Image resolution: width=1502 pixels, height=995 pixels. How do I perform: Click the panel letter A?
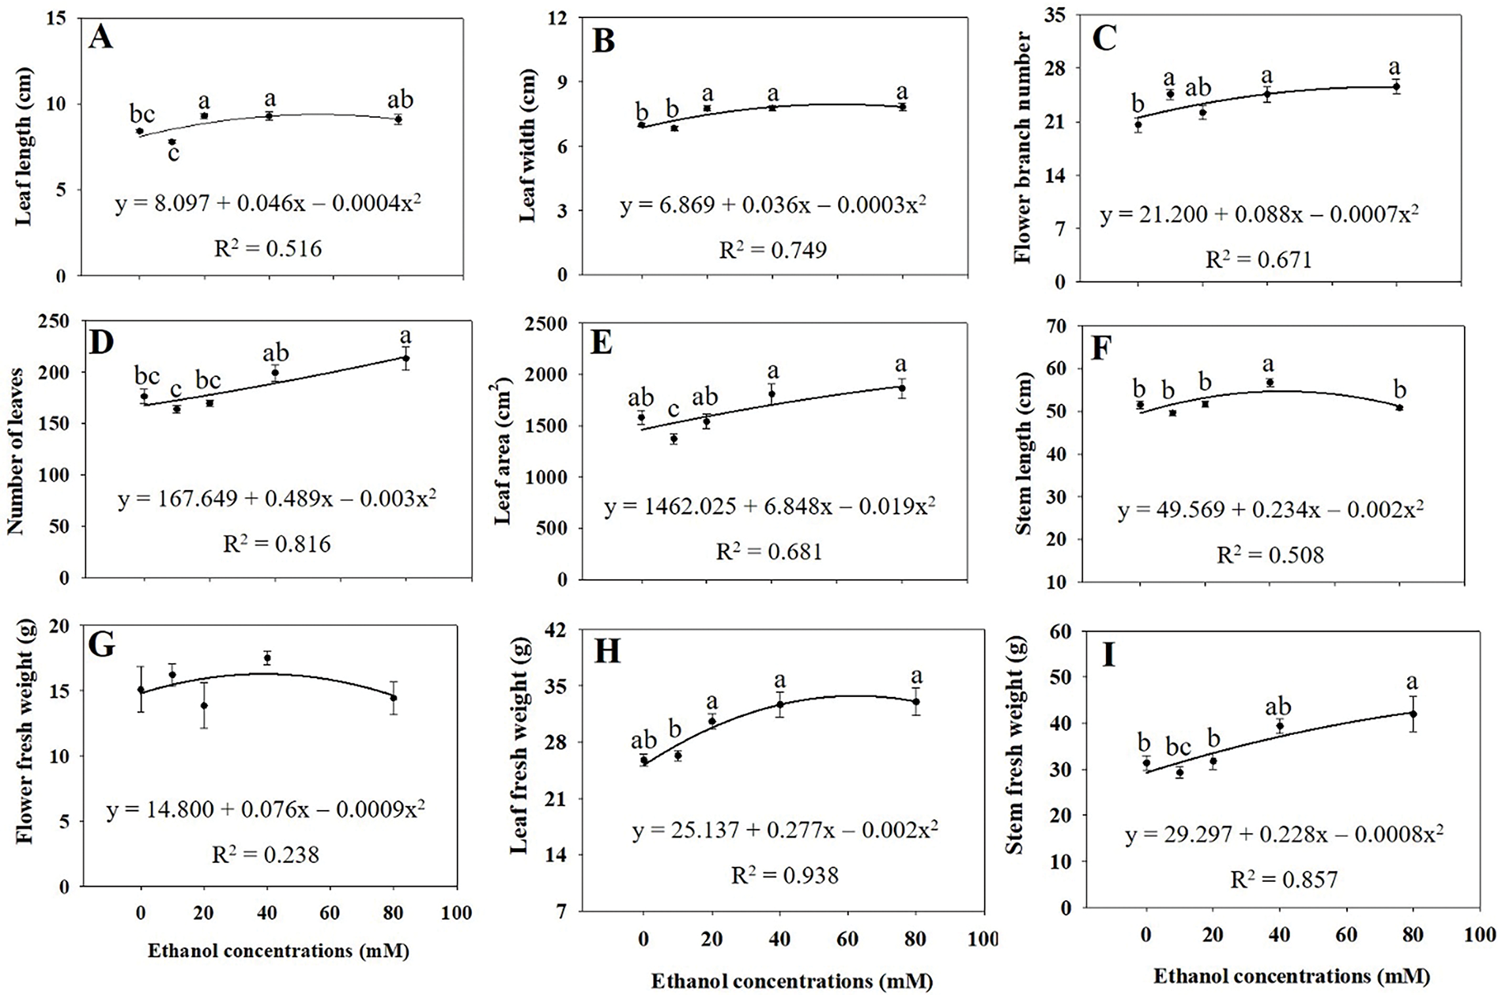click(x=100, y=37)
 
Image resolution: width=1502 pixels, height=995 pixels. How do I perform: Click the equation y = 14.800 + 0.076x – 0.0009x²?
click(x=266, y=810)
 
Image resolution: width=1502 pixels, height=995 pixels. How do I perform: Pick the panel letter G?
click(x=101, y=644)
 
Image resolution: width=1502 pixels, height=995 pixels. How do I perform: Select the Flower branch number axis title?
click(x=1024, y=148)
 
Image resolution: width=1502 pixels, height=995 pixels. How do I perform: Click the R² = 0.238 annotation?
click(x=266, y=854)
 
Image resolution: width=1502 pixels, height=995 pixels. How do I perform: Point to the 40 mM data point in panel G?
click(x=267, y=658)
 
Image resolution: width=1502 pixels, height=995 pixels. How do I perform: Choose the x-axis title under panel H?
click(x=791, y=982)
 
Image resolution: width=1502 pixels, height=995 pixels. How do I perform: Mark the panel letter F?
click(x=1100, y=349)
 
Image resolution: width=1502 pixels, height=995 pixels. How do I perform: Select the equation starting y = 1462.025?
click(x=769, y=507)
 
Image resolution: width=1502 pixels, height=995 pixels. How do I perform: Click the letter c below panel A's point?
click(x=173, y=152)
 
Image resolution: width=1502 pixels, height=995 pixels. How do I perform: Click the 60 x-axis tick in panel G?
click(x=330, y=914)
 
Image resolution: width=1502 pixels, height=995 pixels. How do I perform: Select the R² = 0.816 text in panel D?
click(x=277, y=544)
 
